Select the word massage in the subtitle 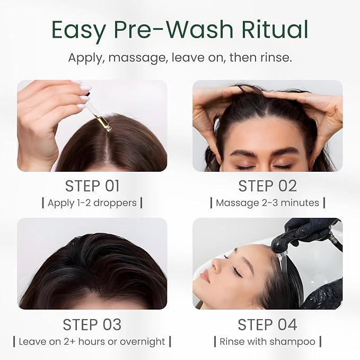137,58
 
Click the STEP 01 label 92,186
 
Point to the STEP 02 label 267,186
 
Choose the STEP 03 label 92,324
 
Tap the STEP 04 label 267,324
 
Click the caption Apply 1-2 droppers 92,203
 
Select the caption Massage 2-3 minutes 267,203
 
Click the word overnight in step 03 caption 142,341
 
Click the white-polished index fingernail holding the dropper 85,88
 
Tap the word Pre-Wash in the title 173,29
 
